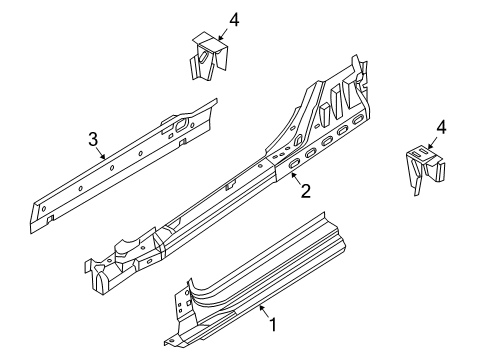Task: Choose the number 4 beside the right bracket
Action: [x=439, y=128]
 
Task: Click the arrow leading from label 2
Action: [x=294, y=179]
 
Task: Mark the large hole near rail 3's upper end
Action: [x=184, y=125]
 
